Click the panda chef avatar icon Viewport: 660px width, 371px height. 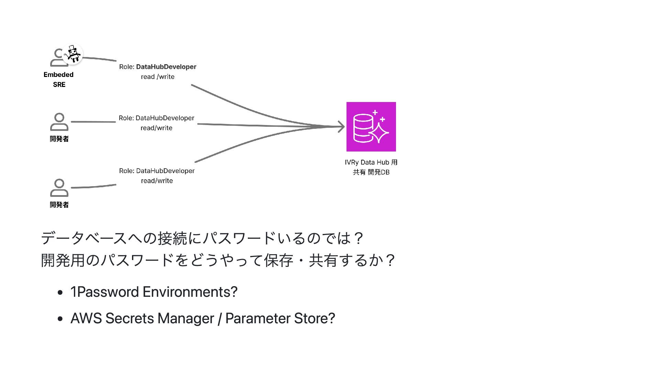coord(73,54)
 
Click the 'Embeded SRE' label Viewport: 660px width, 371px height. coord(59,79)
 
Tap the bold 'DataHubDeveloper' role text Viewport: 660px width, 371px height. coord(166,67)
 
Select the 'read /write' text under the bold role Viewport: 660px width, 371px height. coord(157,77)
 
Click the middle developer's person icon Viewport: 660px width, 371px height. coord(59,122)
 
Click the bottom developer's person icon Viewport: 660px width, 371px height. coord(59,188)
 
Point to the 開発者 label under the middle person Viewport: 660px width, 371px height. coord(59,139)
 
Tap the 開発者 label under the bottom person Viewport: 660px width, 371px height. coord(59,205)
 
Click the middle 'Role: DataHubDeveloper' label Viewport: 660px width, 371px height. coord(156,118)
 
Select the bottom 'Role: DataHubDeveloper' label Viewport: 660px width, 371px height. coord(157,171)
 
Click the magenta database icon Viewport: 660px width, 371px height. coord(371,127)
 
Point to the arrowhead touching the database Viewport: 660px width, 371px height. coord(341,127)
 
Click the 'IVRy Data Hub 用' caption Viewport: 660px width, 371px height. coord(371,162)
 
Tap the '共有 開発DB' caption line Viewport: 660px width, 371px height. coord(371,172)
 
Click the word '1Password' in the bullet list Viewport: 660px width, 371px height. coord(104,292)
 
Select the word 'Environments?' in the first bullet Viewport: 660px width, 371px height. coord(190,292)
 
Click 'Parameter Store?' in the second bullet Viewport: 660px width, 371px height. coord(280,318)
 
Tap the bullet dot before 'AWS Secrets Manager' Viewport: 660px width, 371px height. coord(60,319)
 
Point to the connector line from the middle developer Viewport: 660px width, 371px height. coord(93,122)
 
